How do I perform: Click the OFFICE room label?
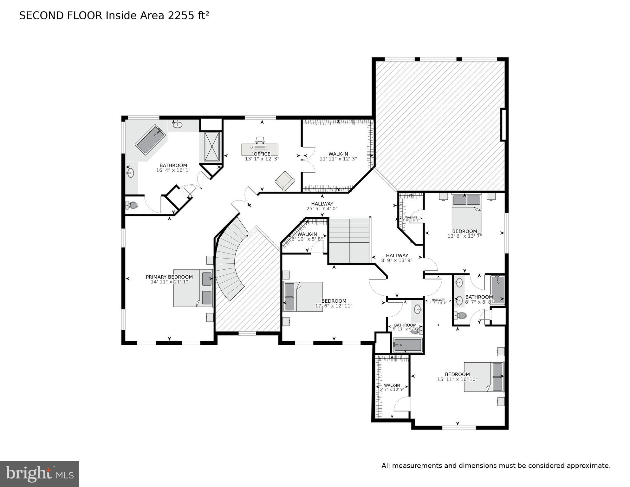tap(262, 154)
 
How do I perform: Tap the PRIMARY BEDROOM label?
tap(169, 277)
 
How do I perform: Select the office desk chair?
tap(260, 140)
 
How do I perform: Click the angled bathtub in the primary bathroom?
tap(151, 140)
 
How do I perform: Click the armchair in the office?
tap(285, 181)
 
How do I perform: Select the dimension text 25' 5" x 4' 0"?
tap(322, 209)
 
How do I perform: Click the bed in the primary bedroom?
tap(193, 288)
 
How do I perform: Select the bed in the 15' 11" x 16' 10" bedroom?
tap(484, 377)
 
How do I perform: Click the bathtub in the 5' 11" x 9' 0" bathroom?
tap(407, 345)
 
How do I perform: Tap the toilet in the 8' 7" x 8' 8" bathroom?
tap(461, 315)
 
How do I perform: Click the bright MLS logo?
tap(39, 474)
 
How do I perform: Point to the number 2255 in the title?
tap(179, 16)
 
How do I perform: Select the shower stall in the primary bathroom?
tap(212, 147)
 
